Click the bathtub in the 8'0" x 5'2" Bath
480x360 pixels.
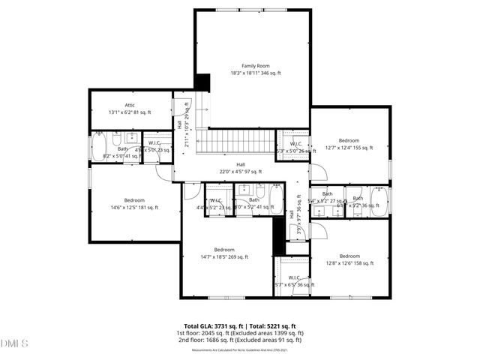[274, 200]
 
